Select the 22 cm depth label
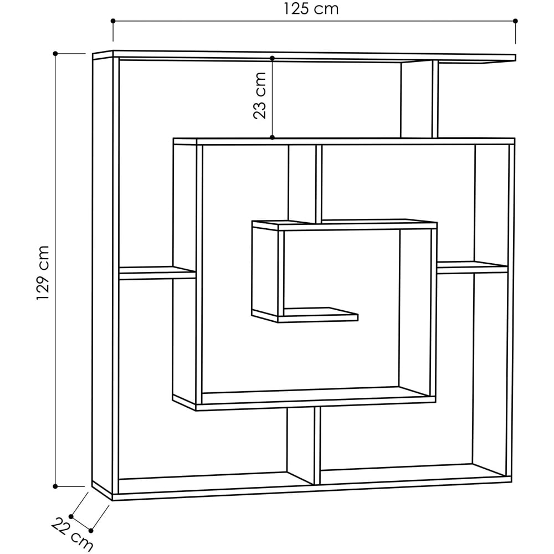[72, 535]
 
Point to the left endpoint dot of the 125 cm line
[113, 21]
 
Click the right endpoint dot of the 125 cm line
[515, 21]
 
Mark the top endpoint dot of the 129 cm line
[55, 54]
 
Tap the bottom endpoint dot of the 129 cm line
[55, 486]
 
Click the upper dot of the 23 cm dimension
[273, 58]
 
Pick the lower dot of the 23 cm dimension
[273, 137]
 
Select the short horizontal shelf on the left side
[157, 272]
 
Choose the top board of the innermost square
[343, 225]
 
